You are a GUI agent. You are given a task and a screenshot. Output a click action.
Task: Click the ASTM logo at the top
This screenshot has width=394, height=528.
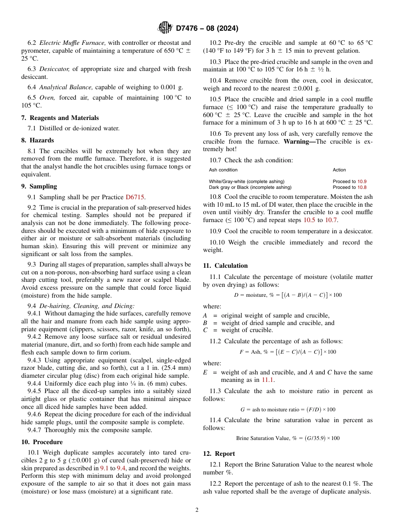pos(165,28)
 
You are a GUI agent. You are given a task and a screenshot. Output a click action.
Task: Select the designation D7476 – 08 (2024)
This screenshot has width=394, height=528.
pos(207,29)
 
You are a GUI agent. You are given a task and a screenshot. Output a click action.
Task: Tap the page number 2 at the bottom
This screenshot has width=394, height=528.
pos(197,510)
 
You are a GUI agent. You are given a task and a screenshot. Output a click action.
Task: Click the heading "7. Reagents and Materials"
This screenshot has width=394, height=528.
pos(60,118)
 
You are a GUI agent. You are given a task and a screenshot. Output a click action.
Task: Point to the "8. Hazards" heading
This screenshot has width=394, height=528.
pos(37,140)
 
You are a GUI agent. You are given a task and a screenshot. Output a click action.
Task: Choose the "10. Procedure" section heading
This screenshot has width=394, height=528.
pos(42,442)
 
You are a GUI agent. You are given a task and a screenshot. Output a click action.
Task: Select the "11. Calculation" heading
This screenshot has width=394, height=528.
pos(225,266)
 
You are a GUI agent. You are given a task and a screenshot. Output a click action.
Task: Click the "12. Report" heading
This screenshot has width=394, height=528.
pos(219,454)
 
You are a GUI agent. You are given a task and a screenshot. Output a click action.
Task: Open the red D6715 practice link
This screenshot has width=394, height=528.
pos(135,197)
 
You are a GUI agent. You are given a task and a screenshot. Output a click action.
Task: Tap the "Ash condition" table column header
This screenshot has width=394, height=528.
pos(223,170)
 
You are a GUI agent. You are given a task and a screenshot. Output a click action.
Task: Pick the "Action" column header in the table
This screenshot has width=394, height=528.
pos(339,170)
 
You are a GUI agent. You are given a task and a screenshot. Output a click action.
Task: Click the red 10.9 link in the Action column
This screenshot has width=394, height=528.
pos(362,181)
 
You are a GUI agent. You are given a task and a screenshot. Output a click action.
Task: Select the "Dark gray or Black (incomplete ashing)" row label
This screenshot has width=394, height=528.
pos(250,187)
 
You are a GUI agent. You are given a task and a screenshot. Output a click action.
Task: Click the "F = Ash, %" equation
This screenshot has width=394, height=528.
pos(288,352)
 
